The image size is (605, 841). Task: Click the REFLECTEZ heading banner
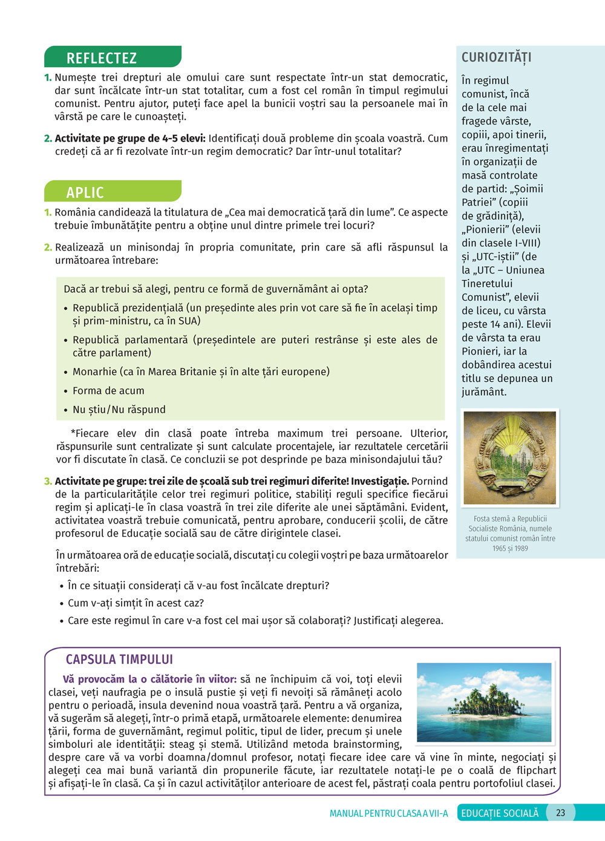pyautogui.click(x=113, y=57)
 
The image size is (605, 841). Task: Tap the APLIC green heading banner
pyautogui.click(x=113, y=192)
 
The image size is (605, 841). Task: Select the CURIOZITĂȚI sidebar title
pyautogui.click(x=496, y=57)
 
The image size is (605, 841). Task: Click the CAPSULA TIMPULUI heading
pyautogui.click(x=119, y=659)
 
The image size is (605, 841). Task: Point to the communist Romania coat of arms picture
pyautogui.click(x=509, y=458)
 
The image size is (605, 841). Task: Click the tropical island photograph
pyautogui.click(x=485, y=702)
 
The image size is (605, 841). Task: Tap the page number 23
pyautogui.click(x=560, y=813)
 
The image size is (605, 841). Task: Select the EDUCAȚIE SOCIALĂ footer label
pyautogui.click(x=500, y=813)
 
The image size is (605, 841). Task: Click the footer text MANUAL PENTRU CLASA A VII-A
pyautogui.click(x=388, y=813)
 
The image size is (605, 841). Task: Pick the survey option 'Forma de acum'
pyautogui.click(x=108, y=391)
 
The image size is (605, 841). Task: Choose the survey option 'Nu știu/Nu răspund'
pyautogui.click(x=119, y=410)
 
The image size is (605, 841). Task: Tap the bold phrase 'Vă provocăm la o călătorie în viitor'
pyautogui.click(x=149, y=679)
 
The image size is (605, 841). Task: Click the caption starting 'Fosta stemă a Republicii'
pyautogui.click(x=510, y=519)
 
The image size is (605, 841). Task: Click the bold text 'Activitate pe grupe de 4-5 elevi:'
pyautogui.click(x=130, y=138)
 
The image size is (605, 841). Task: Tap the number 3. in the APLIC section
pyautogui.click(x=48, y=482)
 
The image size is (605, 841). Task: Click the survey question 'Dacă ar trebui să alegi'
pyautogui.click(x=215, y=289)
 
